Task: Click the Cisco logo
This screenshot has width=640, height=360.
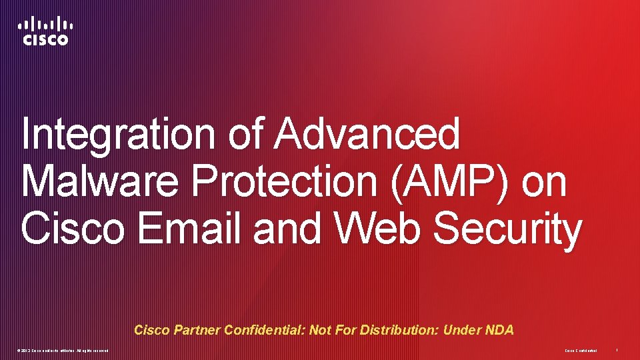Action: coord(45,31)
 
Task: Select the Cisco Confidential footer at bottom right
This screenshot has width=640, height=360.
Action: coord(581,351)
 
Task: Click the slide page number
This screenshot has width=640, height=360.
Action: coord(617,351)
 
